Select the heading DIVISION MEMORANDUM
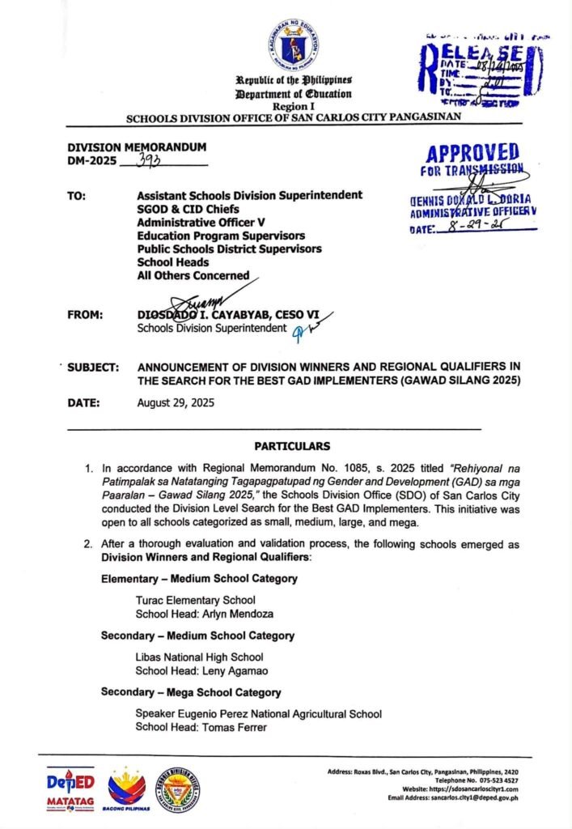(137, 147)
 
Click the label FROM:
(86, 314)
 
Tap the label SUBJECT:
(93, 367)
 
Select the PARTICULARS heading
(293, 446)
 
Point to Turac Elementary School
(195, 600)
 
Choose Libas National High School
(199, 657)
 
